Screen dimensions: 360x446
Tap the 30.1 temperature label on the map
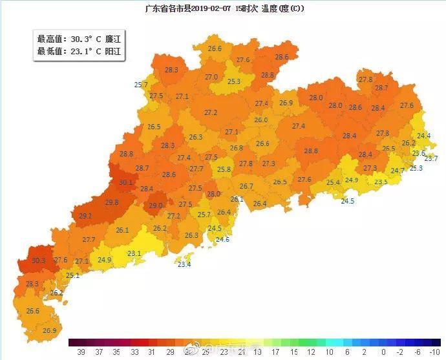(125, 183)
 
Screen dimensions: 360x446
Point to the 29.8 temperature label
(111, 202)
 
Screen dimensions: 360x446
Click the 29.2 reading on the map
(85, 216)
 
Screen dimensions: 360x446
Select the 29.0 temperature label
(156, 206)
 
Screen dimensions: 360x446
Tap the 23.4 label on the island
(184, 264)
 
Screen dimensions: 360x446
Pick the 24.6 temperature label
(222, 239)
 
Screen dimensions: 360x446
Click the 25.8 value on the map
(224, 169)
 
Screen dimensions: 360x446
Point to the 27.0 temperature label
(211, 77)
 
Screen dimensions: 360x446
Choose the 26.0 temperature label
(260, 120)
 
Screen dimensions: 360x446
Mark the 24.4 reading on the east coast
(423, 136)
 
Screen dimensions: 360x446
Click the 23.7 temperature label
(430, 158)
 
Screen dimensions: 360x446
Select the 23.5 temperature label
(381, 182)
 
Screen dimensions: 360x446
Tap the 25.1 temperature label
(72, 275)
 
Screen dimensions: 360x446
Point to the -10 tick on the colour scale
(434, 352)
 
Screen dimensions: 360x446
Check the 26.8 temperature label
(237, 148)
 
